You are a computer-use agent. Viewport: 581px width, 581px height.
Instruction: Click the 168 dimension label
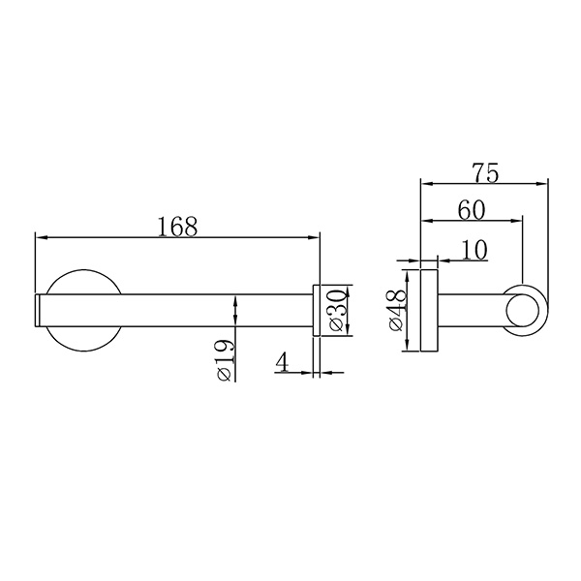[x=177, y=227]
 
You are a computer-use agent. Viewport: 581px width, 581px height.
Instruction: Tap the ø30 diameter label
[x=338, y=310]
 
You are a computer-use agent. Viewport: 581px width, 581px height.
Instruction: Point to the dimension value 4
[x=282, y=361]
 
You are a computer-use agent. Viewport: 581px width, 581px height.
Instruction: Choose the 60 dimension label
[x=471, y=210]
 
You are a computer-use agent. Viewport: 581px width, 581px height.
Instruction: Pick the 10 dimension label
[x=474, y=250]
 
